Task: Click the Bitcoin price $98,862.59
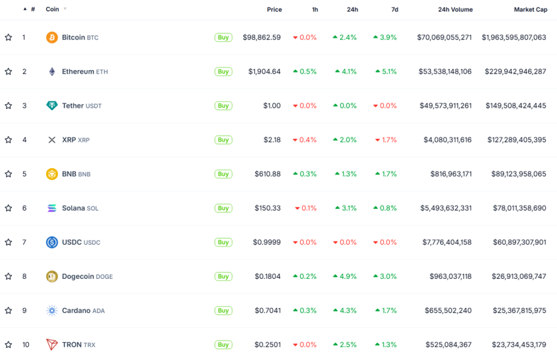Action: click(262, 38)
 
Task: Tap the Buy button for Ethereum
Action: click(223, 72)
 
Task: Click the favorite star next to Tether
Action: click(8, 105)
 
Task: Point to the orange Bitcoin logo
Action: click(52, 38)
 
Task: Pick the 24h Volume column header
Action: click(455, 10)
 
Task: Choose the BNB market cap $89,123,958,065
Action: click(514, 174)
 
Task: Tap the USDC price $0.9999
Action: click(267, 243)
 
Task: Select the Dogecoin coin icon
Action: click(52, 276)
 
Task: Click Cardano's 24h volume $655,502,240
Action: click(448, 311)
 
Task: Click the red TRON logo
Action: click(52, 345)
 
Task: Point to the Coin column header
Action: click(52, 10)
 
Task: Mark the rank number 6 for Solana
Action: click(24, 208)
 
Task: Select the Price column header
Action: click(274, 10)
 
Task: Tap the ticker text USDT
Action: click(94, 106)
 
